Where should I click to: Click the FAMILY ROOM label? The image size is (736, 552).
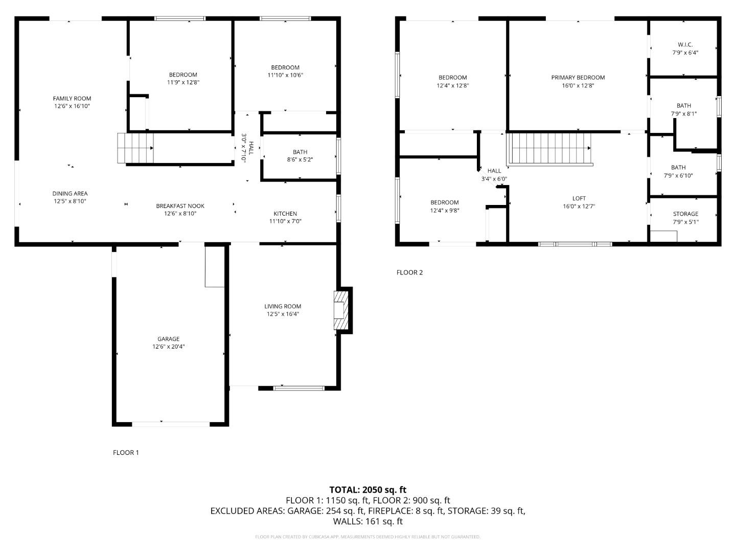point(72,99)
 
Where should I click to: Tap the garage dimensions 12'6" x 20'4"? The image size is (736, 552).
point(168,347)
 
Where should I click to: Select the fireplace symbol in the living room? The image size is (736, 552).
point(340,310)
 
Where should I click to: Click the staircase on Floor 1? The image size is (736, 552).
point(135,148)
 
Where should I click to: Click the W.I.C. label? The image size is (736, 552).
point(685,44)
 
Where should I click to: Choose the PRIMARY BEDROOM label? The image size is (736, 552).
point(578,78)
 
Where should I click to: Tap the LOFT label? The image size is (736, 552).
point(579,198)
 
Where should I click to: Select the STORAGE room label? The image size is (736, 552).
point(685,214)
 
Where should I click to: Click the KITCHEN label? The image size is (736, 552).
point(285,214)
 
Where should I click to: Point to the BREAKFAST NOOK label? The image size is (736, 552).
point(180,206)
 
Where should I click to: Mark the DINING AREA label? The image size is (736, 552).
point(70,194)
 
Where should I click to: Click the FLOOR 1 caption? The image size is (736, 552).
point(126,452)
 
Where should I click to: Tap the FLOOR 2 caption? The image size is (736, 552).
point(409,272)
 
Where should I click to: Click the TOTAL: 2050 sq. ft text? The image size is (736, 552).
point(367,490)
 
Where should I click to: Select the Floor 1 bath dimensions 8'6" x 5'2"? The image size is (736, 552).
point(300,159)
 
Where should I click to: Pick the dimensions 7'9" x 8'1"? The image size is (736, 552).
point(684,114)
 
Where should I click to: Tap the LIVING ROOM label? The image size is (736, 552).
point(283,306)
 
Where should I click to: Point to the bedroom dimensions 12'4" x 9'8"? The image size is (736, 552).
point(444,210)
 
